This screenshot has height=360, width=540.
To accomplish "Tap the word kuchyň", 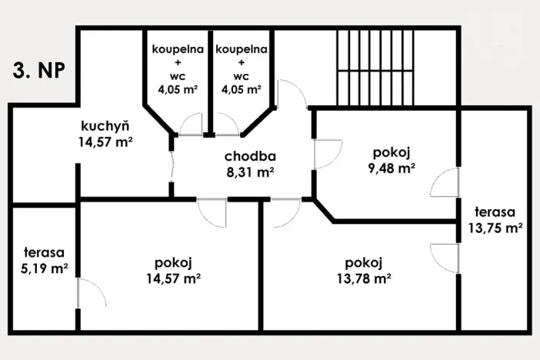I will [105, 126].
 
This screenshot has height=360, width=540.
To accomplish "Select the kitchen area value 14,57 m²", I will [105, 142].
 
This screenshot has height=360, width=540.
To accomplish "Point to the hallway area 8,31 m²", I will [250, 172].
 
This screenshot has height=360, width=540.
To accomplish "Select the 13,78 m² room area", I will [365, 278].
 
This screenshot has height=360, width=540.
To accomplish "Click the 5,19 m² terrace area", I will [43, 268].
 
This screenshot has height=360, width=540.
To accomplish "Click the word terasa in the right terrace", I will [495, 212].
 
